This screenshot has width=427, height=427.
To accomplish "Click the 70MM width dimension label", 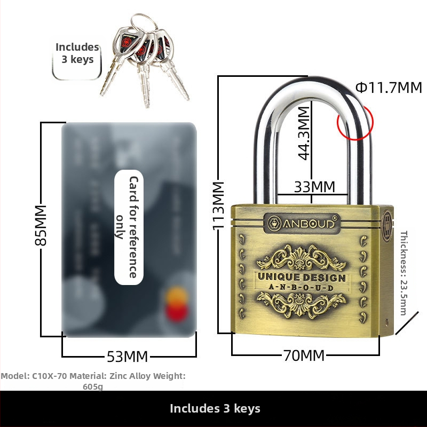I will point(304,355).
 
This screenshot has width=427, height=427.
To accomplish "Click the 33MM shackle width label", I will point(315,187).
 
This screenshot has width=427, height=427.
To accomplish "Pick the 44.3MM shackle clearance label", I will point(304,133).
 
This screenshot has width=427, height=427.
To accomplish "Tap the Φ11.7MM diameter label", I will point(389,88).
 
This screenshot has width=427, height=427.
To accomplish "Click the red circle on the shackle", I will point(355,122).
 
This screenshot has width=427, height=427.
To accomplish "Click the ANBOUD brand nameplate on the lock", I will point(302,224).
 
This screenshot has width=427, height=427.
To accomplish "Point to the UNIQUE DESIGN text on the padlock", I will point(302,278).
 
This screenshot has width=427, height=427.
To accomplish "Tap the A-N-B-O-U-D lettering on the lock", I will point(302,288).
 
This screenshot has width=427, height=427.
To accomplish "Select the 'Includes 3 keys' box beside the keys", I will point(77,53).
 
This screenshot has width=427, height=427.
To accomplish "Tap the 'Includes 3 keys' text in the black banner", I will point(215,409).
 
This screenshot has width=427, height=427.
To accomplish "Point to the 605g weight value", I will point(93,386).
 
